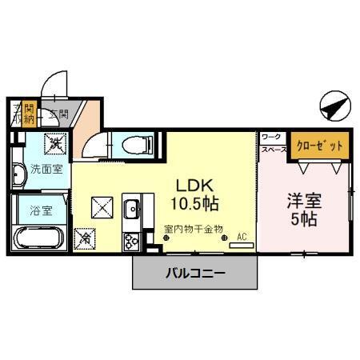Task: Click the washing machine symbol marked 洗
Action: (x=56, y=144)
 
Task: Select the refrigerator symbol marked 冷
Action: (x=84, y=238)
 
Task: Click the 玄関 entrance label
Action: (x=58, y=114)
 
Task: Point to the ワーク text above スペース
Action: (x=271, y=138)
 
